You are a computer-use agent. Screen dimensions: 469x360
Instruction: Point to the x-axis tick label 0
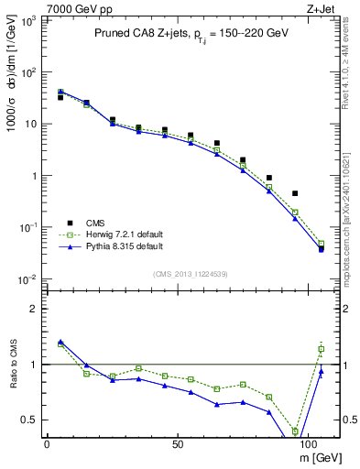(x=47, y=442)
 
